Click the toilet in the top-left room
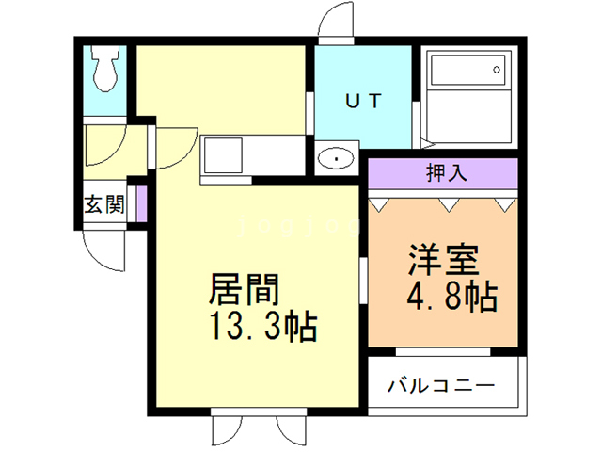[103, 67]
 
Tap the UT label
[362, 101]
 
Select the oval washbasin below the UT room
[335, 159]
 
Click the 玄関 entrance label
[103, 204]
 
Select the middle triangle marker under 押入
[444, 202]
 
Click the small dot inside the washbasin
[335, 160]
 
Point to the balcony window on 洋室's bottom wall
[442, 352]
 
